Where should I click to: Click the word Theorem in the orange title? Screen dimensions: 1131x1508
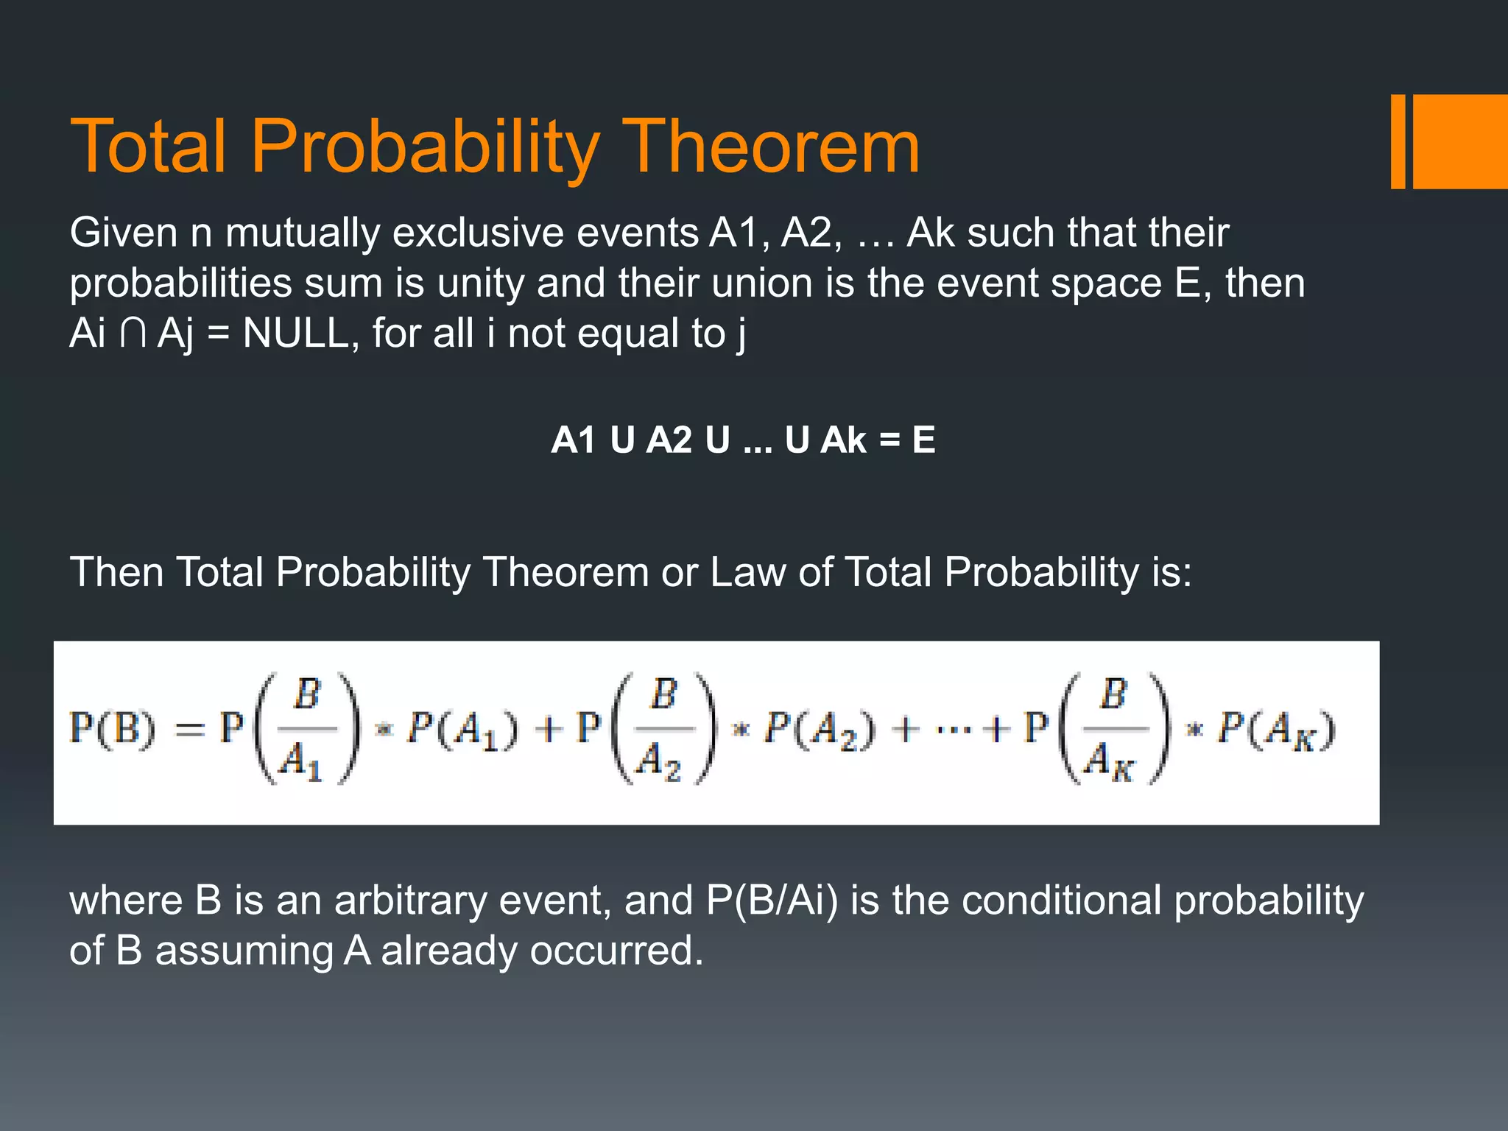point(773,147)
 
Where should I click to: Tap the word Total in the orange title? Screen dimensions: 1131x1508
point(147,147)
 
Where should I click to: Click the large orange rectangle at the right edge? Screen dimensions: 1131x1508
point(1460,141)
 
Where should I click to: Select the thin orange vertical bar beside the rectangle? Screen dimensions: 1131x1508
point(1398,141)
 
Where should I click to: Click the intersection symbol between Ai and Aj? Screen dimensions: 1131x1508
point(133,334)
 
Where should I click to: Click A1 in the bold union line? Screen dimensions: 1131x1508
point(574,440)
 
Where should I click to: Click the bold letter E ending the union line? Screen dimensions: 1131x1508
point(923,440)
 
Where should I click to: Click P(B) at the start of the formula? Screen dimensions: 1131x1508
point(113,729)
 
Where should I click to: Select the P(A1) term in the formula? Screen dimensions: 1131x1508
point(463,730)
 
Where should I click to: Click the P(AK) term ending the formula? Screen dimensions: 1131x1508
point(1276,730)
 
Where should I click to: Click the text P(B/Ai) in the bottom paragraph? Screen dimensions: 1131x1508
point(772,901)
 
